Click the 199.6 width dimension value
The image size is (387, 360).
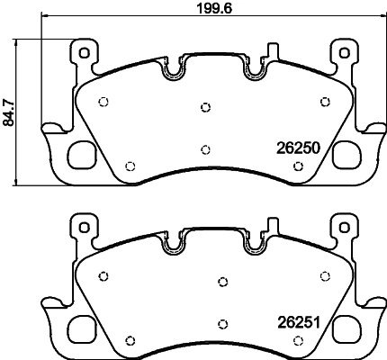214,9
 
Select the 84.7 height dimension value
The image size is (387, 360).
8,112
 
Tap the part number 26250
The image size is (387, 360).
299,148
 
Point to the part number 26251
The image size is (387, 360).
299,323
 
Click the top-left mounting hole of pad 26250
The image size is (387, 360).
85,53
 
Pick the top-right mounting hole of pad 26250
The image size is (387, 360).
345,53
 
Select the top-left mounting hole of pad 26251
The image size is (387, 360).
85,228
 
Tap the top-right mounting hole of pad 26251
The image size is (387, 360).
345,228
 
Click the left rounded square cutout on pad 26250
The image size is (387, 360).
82,155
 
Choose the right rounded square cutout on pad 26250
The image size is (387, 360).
346,155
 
